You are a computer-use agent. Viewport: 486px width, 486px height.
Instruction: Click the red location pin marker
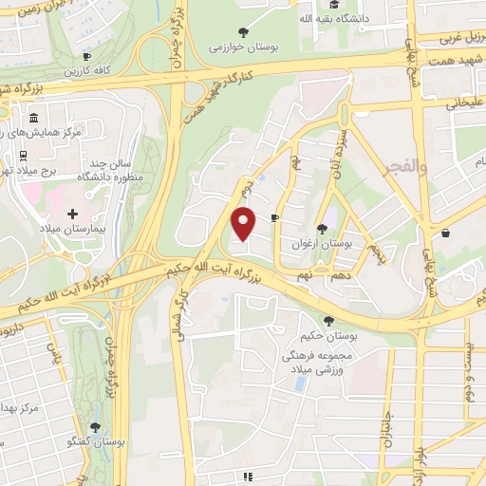click(x=245, y=223)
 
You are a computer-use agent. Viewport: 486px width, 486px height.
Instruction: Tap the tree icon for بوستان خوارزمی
click(x=246, y=31)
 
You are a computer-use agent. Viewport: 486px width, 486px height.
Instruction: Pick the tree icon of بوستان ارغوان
click(x=323, y=229)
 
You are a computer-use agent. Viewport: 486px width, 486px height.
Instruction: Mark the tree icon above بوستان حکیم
click(x=328, y=321)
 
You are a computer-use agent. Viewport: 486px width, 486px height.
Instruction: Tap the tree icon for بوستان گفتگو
click(x=94, y=428)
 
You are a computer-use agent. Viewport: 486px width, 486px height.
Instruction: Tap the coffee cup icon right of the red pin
click(x=274, y=217)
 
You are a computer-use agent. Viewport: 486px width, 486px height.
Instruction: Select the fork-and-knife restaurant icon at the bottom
click(x=248, y=477)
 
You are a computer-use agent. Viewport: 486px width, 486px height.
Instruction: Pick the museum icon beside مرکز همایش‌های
click(x=34, y=119)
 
